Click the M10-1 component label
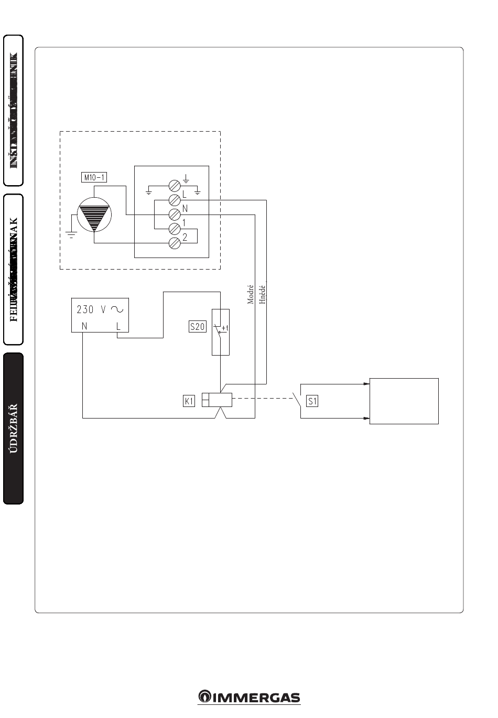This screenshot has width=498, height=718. tap(94, 177)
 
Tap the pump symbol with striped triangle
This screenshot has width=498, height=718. tap(94, 216)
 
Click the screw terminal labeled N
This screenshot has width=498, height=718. tap(175, 214)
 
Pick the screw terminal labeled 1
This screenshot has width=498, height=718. tap(175, 229)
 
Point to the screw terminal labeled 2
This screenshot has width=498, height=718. tap(175, 243)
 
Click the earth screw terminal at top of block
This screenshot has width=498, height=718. tap(175, 185)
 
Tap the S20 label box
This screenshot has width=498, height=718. tap(198, 327)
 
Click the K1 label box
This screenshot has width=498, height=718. tap(189, 402)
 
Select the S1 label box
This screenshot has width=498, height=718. tap(312, 402)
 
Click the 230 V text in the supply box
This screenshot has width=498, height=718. tap(93, 309)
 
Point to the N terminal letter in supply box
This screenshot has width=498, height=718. tap(84, 326)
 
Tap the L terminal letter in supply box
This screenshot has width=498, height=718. tap(118, 326)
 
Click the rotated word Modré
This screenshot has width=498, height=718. tap(251, 295)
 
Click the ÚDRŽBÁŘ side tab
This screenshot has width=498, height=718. tap(14, 428)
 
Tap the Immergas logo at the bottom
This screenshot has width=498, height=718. tap(249, 697)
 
